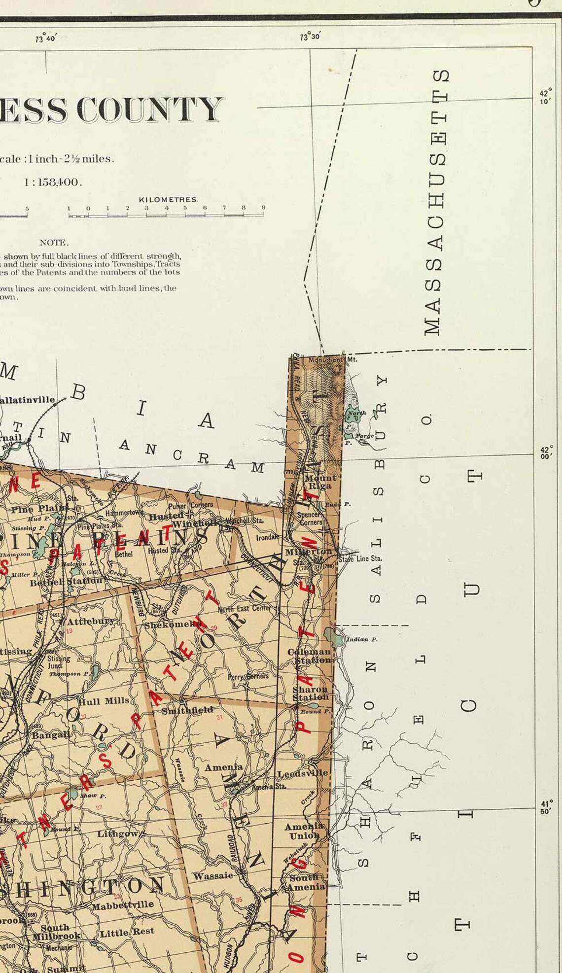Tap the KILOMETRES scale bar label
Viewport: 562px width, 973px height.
tap(168, 200)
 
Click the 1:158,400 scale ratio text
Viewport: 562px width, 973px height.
tap(53, 182)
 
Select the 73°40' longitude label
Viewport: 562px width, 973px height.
tap(46, 38)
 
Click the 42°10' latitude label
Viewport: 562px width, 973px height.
tap(545, 97)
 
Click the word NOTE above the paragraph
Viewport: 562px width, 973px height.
tap(54, 243)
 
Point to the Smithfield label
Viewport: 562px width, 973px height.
tap(187, 710)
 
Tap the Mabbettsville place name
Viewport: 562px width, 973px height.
tap(123, 905)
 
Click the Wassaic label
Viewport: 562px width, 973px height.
tap(213, 876)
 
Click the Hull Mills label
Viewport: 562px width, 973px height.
tap(104, 701)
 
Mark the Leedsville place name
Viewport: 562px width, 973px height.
tap(302, 773)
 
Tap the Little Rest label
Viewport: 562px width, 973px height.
tap(127, 932)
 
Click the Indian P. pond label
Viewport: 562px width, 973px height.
tap(362, 639)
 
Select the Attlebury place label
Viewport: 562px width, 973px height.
tap(91, 621)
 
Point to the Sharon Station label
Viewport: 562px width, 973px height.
tap(310, 693)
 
